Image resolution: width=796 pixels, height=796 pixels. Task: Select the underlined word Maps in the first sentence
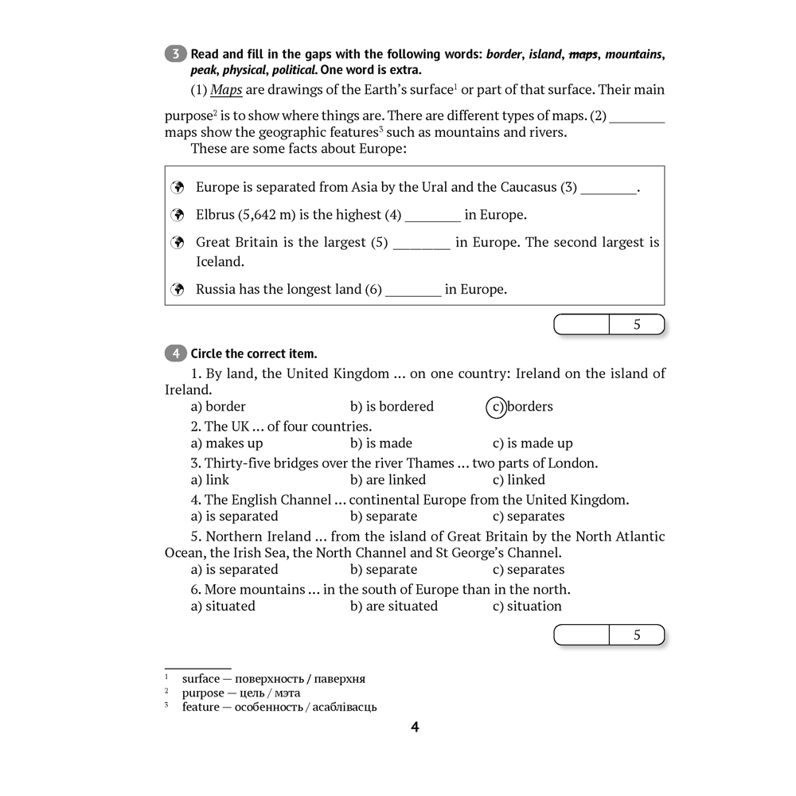coord(226,90)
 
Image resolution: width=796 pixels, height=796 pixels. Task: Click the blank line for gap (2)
coord(637,116)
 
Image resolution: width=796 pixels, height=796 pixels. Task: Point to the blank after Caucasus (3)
coord(609,188)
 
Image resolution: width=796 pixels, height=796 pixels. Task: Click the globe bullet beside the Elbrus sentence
coord(178,215)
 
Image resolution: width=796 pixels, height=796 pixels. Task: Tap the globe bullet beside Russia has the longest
coord(178,290)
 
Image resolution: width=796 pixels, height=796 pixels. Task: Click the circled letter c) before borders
coord(496,407)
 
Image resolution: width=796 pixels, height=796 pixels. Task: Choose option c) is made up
coord(532,443)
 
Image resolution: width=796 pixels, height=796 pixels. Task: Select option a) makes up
coord(226,443)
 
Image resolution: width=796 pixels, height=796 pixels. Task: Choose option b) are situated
coord(393,606)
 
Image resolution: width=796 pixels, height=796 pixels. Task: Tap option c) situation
coord(527,606)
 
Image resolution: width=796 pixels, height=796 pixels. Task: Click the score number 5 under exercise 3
coord(637,325)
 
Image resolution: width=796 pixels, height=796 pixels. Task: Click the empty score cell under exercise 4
coord(581,635)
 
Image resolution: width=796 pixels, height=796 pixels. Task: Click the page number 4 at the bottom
coord(415,727)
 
